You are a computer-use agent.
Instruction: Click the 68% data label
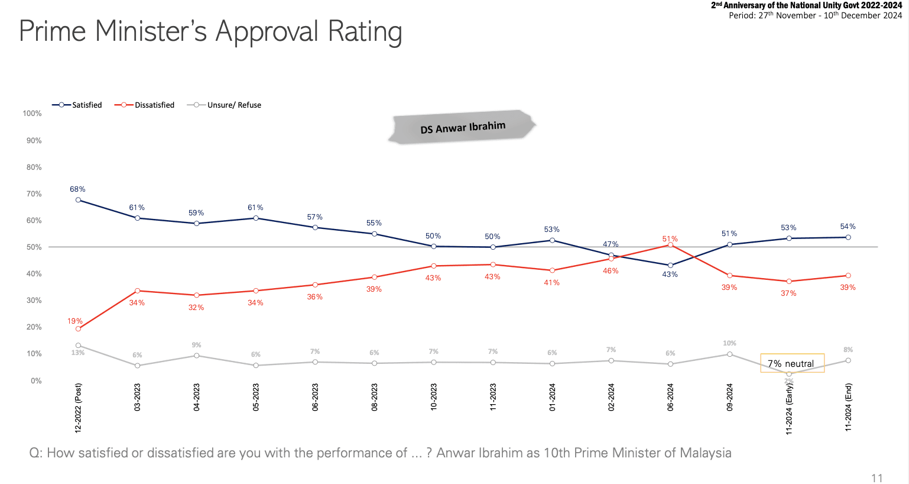point(77,189)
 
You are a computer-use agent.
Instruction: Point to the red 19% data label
point(74,321)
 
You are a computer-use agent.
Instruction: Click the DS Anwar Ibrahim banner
point(462,127)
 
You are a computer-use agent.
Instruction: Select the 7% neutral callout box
point(791,363)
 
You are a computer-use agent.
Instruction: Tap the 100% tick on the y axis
point(32,113)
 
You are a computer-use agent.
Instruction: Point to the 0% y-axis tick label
point(36,380)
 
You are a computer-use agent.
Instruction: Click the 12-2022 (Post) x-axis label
point(78,408)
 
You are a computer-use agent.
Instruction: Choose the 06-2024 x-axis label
point(670,397)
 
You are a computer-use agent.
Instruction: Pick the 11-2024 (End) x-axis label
point(848,407)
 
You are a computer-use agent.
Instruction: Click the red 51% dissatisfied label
point(670,239)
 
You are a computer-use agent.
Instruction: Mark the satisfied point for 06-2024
point(670,265)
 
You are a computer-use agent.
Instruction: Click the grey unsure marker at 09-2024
point(729,354)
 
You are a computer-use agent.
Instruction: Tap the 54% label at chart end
point(848,227)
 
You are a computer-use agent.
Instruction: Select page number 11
point(876,478)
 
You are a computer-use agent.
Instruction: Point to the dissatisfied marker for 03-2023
point(137,291)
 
